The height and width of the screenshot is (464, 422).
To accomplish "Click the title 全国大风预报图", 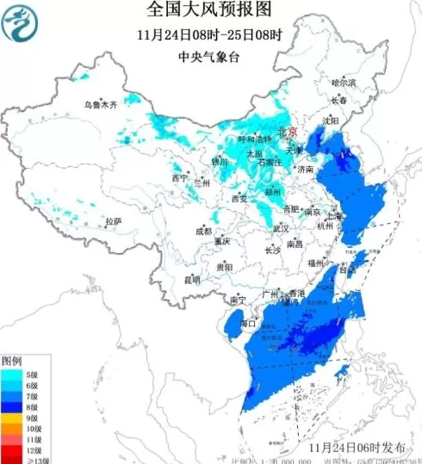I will (x=209, y=10).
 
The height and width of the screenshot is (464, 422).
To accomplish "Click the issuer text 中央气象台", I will (x=209, y=56).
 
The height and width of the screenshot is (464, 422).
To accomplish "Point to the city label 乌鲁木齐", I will (x=99, y=104).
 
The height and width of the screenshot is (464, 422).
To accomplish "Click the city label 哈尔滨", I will (x=344, y=83).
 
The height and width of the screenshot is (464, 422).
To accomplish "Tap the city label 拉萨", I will (x=113, y=221).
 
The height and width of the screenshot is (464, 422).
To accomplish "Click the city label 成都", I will (x=202, y=231).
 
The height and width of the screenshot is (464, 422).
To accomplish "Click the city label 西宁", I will (x=179, y=178).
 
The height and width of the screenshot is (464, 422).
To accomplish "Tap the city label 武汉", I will (x=281, y=229).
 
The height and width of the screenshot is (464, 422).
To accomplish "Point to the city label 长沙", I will (x=272, y=251).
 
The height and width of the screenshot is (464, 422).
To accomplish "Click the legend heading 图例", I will (x=11, y=360).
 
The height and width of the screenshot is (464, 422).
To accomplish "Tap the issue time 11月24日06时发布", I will (x=358, y=448).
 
